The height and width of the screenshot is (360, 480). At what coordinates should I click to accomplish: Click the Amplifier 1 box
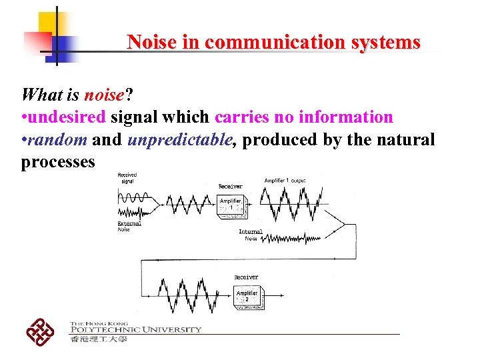coord(231,205)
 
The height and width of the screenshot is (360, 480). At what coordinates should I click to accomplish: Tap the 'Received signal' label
coord(127,178)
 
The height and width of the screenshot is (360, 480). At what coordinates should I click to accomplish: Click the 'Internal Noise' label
coord(251,235)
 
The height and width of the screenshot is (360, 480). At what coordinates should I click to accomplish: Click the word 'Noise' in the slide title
coord(151,43)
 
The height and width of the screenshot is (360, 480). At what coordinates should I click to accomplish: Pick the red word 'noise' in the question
coord(103,94)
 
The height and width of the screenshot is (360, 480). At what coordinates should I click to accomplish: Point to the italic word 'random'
coord(56,140)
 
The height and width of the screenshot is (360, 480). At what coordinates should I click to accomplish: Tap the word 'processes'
coord(58,162)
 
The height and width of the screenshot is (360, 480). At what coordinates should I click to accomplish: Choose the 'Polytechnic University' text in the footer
coord(135,329)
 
